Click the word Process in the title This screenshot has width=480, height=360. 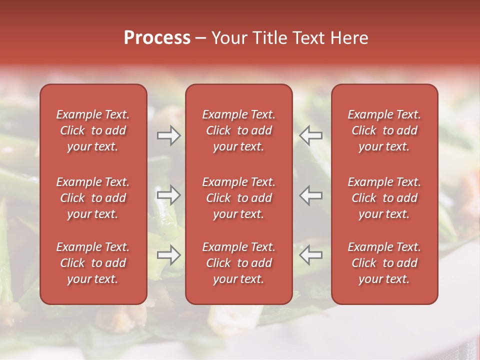pos(157,38)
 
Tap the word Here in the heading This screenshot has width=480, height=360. pos(348,38)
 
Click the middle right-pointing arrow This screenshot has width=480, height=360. pos(168,195)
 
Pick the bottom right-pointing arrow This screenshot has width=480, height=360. pos(168,255)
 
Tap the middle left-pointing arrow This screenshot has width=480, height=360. pos(311,195)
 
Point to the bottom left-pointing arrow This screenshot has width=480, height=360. pos(311,255)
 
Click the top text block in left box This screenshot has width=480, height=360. pos(93,130)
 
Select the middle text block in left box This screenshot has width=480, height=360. pos(93,198)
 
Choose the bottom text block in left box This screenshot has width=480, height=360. pos(93,263)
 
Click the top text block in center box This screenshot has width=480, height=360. pos(238,130)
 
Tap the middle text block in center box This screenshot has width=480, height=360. pos(238,198)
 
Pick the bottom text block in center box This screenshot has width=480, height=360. pos(238,263)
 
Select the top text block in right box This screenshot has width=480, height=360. pos(384,130)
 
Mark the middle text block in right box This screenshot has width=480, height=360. pos(384,198)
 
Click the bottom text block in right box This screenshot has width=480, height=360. pos(384,263)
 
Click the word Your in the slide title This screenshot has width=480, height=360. pos(228,38)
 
